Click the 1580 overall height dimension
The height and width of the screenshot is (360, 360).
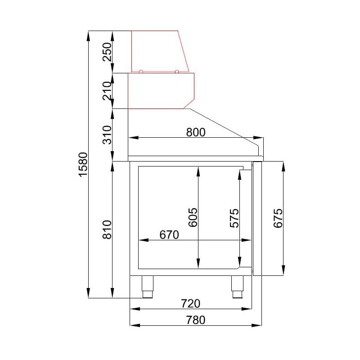click(83, 164)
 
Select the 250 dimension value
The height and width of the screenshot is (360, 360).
click(107, 52)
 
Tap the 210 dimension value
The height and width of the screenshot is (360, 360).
click(107, 91)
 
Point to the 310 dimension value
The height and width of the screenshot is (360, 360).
click(107, 135)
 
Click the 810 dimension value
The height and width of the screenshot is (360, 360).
click(107, 229)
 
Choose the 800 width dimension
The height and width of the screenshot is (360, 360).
click(196, 132)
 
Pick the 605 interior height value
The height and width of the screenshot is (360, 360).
click(193, 217)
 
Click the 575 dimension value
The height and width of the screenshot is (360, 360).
click(234, 218)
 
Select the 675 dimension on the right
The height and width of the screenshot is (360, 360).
click(278, 218)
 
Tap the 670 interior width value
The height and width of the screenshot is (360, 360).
click(169, 235)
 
